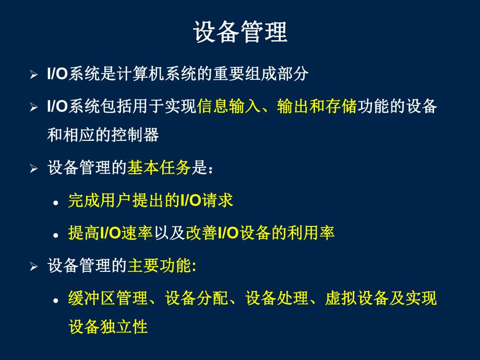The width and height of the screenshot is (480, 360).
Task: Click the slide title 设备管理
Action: click(240, 32)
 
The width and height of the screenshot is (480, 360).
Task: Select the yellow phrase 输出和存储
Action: click(317, 107)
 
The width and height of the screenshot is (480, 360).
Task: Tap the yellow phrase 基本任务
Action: click(159, 168)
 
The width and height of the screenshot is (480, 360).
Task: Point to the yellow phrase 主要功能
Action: click(159, 266)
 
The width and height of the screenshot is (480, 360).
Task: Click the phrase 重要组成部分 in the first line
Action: click(261, 74)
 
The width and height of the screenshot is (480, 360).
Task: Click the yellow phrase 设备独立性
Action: click(108, 327)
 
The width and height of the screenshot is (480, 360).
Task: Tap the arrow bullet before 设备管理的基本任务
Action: click(34, 169)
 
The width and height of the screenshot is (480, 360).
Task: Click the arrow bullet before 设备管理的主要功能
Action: click(34, 267)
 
